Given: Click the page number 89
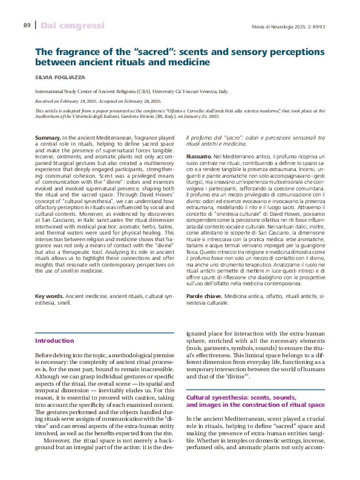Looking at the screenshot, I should [27, 25].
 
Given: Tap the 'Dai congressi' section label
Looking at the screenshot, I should [73, 25].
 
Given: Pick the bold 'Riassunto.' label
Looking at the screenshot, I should [199, 157].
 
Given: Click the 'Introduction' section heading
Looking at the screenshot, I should [54, 341].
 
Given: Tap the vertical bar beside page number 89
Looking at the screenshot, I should [36, 25].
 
